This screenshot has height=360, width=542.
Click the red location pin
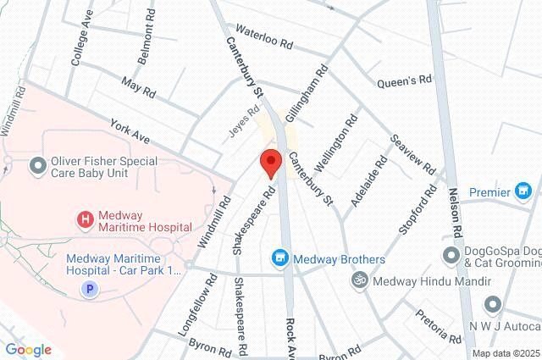[x=270, y=162]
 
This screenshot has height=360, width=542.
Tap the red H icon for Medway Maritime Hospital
[x=85, y=220]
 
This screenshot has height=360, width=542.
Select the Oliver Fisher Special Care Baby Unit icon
[x=36, y=164]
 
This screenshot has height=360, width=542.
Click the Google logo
[x=28, y=349]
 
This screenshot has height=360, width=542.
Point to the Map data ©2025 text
[x=506, y=353]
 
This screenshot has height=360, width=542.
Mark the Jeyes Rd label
[x=244, y=123]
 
